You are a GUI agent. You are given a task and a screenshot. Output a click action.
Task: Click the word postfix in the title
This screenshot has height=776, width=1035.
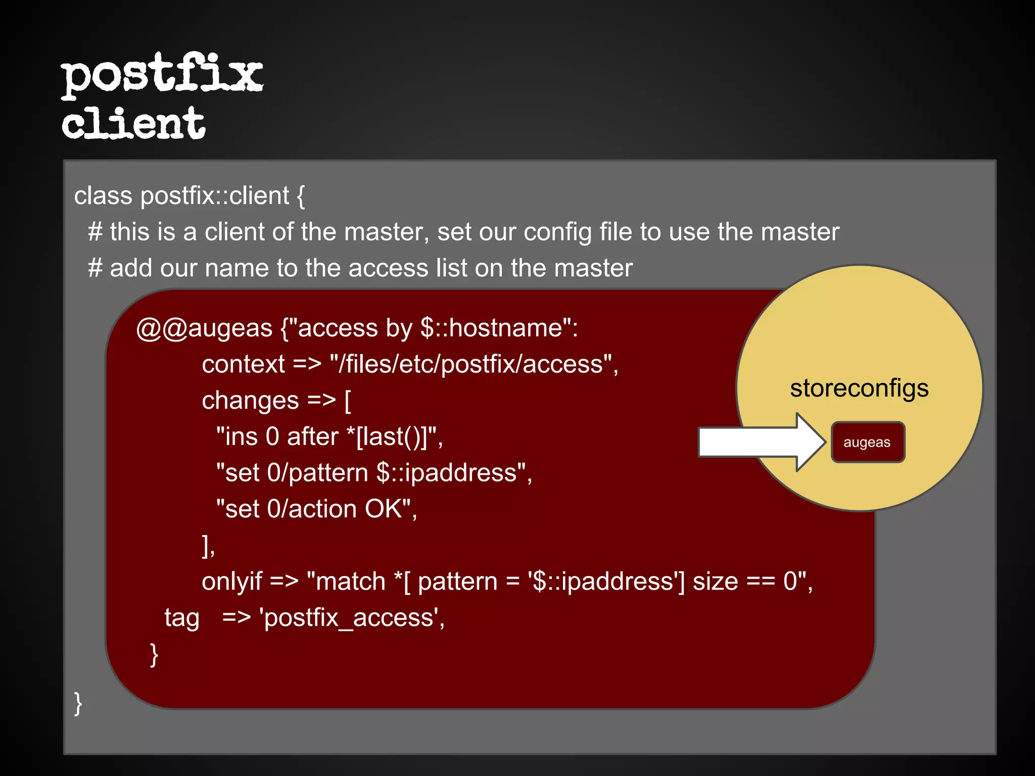click(162, 75)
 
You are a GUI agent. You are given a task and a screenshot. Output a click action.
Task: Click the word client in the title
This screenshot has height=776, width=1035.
click(133, 123)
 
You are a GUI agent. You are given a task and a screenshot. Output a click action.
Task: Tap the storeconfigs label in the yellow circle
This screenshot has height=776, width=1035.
click(859, 389)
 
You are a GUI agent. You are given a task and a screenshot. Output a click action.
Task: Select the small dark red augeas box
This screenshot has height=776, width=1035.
click(868, 442)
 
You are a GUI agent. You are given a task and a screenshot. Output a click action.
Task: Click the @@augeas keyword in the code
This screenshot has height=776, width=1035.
click(205, 328)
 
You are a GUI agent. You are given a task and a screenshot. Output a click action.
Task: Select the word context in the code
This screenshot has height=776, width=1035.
click(244, 364)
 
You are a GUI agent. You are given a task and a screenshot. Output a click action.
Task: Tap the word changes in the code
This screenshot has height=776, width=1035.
click(250, 401)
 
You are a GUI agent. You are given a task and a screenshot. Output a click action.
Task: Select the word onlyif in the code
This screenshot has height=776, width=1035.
click(232, 581)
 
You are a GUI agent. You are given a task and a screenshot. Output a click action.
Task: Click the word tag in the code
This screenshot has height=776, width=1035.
click(182, 618)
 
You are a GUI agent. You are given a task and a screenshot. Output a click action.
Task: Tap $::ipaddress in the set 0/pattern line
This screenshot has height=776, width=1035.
click(447, 473)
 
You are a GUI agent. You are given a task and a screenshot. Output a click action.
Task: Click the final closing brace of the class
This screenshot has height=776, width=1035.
click(78, 703)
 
